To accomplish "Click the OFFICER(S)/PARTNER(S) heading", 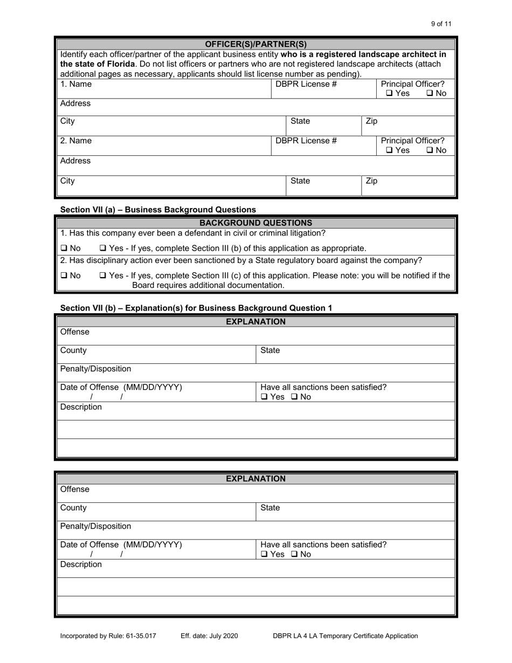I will [x=256, y=44].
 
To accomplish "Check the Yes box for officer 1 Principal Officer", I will [x=390, y=94].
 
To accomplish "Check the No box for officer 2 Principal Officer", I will [x=430, y=151].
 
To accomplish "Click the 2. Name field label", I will [x=76, y=141].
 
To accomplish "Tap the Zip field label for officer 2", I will [x=371, y=181].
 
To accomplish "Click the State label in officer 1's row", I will [x=300, y=121].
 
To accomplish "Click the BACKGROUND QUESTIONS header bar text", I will [x=256, y=223].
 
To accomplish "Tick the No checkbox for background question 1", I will [x=64, y=248].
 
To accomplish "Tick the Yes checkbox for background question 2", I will [x=103, y=276].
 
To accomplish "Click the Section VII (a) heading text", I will [x=158, y=210].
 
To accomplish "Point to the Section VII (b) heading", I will [x=196, y=308].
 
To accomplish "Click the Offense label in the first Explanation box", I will [x=75, y=332].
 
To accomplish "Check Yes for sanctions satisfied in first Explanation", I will [x=264, y=397].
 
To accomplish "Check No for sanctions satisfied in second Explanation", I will [x=295, y=554].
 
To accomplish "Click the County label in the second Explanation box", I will [x=73, y=508].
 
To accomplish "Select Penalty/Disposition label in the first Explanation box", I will [x=95, y=369].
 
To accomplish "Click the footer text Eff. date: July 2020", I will [x=209, y=636].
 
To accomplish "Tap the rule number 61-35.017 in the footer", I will [x=139, y=636].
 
